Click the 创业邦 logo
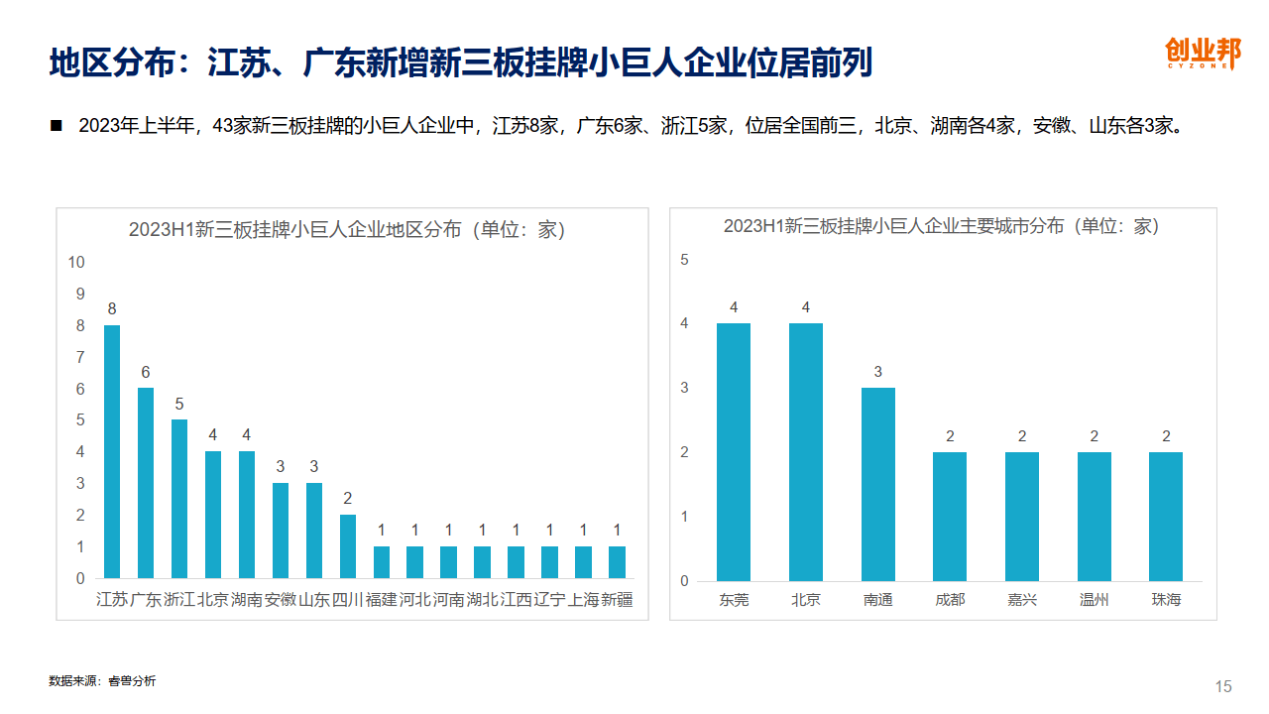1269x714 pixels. coord(1202,53)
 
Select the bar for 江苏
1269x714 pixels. coord(112,451)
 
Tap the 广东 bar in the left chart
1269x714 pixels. coord(146,483)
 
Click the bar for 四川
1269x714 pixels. coord(348,546)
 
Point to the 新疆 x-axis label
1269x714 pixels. coord(617,600)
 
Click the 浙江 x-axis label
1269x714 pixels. coord(179,600)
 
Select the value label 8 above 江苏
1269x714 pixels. coord(112,309)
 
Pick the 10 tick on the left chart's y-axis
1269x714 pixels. coord(76,262)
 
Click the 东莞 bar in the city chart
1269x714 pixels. coord(734,452)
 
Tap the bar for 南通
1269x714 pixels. coord(878,484)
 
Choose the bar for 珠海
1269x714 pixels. coord(1166,517)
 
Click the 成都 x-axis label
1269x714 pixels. coord(950,600)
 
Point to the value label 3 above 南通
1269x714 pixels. coord(878,372)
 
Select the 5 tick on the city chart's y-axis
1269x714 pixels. coord(684,260)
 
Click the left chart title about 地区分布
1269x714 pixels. coord(347,230)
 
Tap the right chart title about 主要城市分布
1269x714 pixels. coord(941,226)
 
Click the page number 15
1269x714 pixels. coord(1223,686)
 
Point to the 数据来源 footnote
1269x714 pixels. coord(102,681)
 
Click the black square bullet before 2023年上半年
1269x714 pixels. coord(56,126)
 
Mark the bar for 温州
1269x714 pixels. coord(1095,517)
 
